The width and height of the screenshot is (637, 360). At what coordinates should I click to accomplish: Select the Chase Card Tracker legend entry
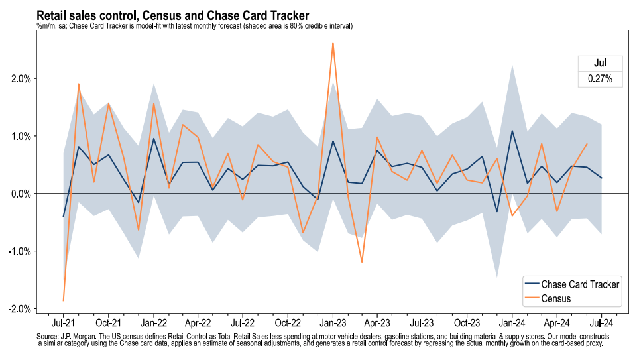tap(580, 284)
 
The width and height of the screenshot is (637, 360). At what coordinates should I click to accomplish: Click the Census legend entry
tap(556, 299)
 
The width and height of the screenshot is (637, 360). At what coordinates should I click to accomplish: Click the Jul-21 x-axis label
tap(64, 324)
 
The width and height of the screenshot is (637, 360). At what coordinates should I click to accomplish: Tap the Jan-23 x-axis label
tap(332, 324)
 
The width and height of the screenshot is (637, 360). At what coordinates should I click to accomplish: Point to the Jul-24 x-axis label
tap(601, 324)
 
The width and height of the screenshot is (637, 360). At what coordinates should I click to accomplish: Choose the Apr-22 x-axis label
tap(198, 324)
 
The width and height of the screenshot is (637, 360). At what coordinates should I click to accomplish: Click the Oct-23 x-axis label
tap(467, 324)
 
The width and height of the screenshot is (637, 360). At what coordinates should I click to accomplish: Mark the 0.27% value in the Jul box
tap(600, 79)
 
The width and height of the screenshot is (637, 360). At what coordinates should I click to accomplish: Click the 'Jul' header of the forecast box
tap(600, 64)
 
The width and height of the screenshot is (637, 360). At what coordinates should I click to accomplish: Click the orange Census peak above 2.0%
tap(332, 44)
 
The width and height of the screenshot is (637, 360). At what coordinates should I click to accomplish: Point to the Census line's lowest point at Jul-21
tap(64, 300)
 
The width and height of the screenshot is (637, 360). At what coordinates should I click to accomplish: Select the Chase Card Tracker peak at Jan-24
tap(512, 131)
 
